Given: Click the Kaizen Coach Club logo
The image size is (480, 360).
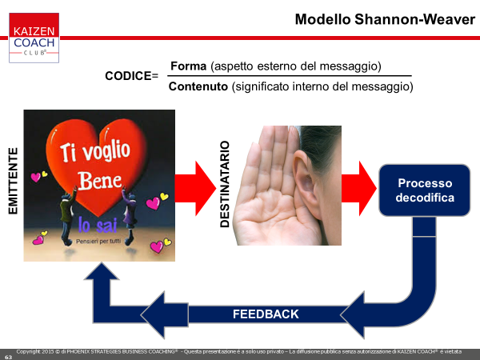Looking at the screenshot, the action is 34,38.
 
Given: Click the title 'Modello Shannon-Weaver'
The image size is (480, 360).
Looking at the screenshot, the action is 385,19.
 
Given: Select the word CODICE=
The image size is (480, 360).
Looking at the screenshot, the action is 132,76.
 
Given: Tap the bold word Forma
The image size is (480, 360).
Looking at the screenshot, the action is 188,66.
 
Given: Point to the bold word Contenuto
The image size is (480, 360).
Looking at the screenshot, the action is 198,86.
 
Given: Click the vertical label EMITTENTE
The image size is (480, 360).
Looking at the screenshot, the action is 13,182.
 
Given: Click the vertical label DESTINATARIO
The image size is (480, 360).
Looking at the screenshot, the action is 225,184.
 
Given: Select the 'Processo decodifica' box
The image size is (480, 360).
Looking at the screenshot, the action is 425,190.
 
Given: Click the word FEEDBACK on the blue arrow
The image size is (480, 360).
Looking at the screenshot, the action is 266,314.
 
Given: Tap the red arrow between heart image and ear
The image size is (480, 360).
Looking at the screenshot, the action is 195,188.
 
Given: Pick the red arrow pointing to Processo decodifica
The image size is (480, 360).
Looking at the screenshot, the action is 358,188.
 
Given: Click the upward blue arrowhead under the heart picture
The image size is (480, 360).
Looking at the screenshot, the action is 102,273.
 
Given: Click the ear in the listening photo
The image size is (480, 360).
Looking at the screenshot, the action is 304,180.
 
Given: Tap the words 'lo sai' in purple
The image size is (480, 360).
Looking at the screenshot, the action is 98,225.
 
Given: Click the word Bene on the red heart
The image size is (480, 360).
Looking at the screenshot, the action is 99,181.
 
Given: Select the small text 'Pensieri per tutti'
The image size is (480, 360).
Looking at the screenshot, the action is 98,242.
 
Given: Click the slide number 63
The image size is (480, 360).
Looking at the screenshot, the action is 8,357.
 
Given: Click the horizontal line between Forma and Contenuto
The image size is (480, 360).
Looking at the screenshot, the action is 290,76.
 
